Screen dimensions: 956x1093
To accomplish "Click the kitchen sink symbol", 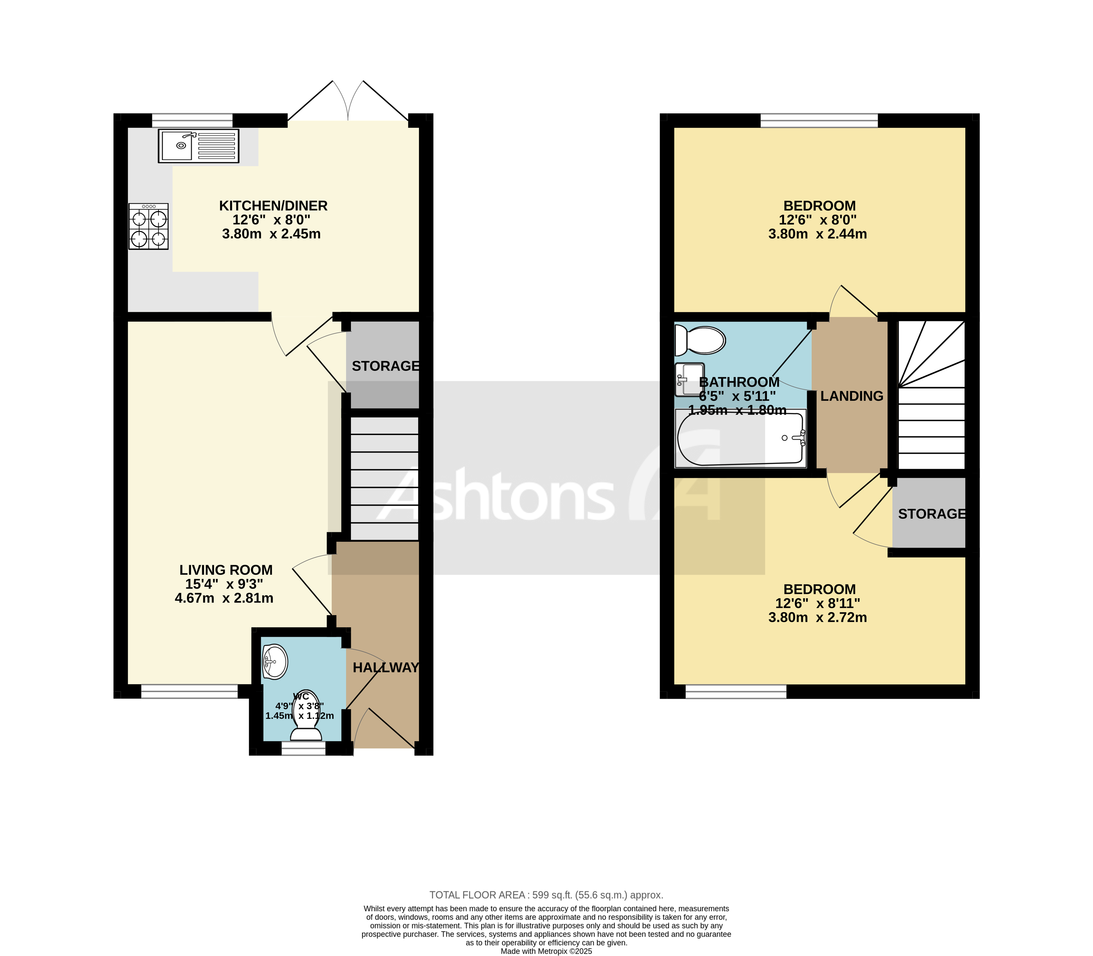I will pos(198,146).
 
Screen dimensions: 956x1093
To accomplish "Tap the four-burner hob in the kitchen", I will pos(148,226).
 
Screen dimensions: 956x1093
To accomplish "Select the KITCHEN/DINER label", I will pos(273,206).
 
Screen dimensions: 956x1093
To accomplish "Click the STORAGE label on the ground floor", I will pos(385,366).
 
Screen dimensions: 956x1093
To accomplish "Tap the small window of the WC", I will pos(303,748).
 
